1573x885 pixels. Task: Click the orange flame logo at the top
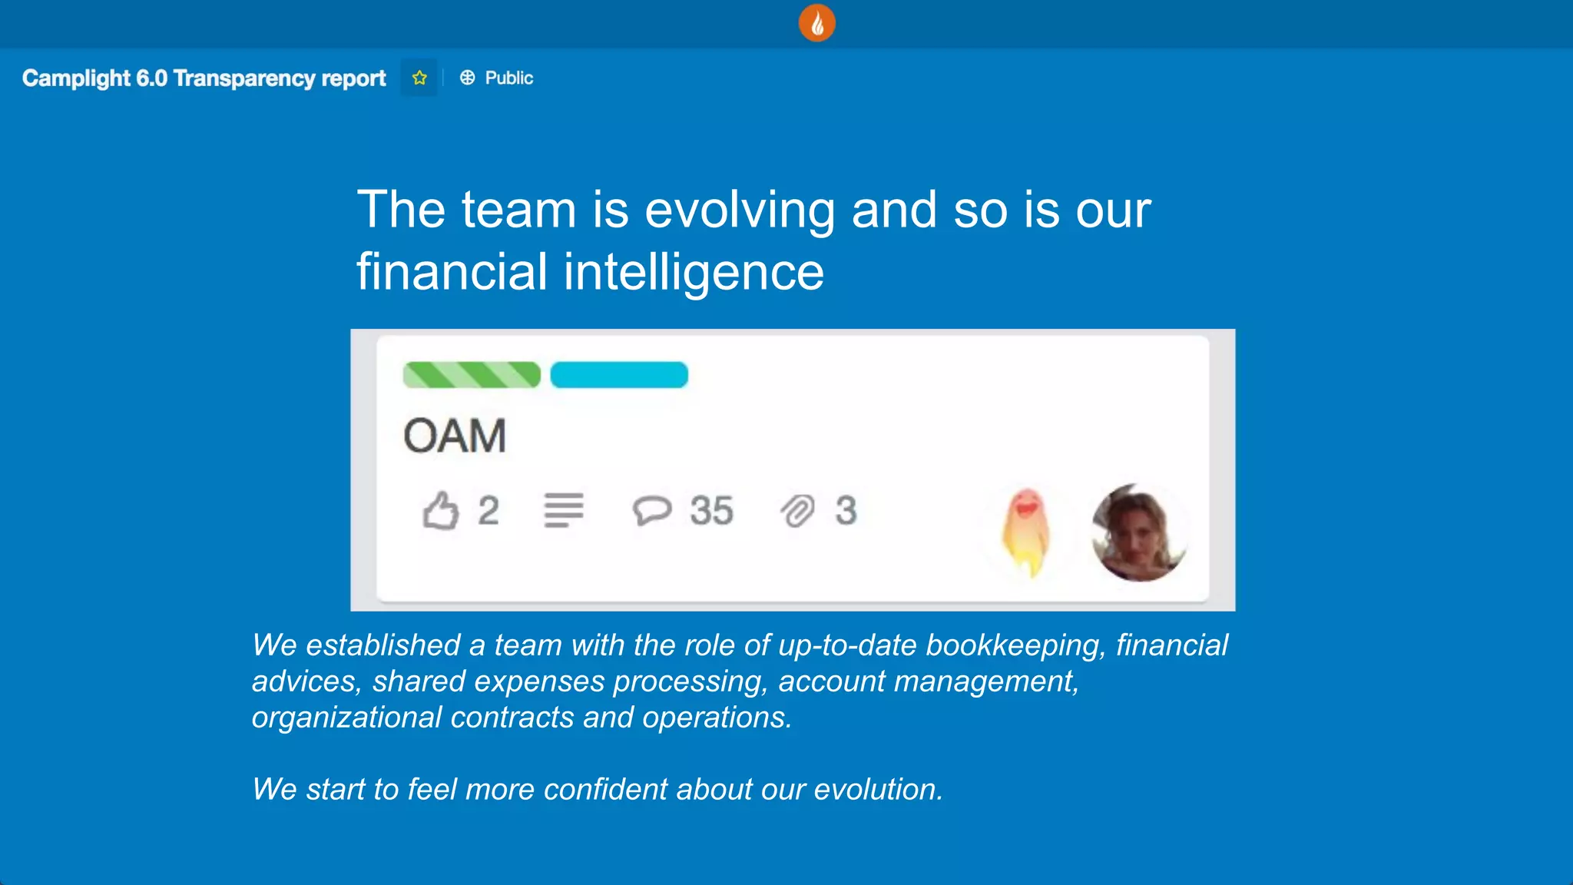pyautogui.click(x=816, y=23)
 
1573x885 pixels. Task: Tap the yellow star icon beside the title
pyautogui.click(x=419, y=78)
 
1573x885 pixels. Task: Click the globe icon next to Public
pyautogui.click(x=467, y=78)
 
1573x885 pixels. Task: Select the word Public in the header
pyautogui.click(x=508, y=78)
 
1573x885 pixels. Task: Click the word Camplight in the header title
pyautogui.click(x=76, y=78)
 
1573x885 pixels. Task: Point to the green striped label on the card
pyautogui.click(x=472, y=375)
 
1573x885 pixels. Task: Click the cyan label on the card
pyautogui.click(x=619, y=375)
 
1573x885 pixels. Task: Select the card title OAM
pyautogui.click(x=455, y=436)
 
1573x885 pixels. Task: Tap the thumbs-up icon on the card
pyautogui.click(x=441, y=511)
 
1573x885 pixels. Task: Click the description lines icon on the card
pyautogui.click(x=564, y=511)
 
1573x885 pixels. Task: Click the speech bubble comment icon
pyautogui.click(x=651, y=511)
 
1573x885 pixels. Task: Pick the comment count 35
pyautogui.click(x=711, y=511)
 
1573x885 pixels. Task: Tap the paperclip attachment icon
pyautogui.click(x=798, y=511)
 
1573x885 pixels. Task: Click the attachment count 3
pyautogui.click(x=846, y=511)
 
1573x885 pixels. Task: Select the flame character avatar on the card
pyautogui.click(x=1026, y=532)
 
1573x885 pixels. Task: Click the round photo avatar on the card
pyautogui.click(x=1139, y=532)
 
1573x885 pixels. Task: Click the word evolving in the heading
pyautogui.click(x=740, y=210)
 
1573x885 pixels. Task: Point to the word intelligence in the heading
pyautogui.click(x=694, y=272)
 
